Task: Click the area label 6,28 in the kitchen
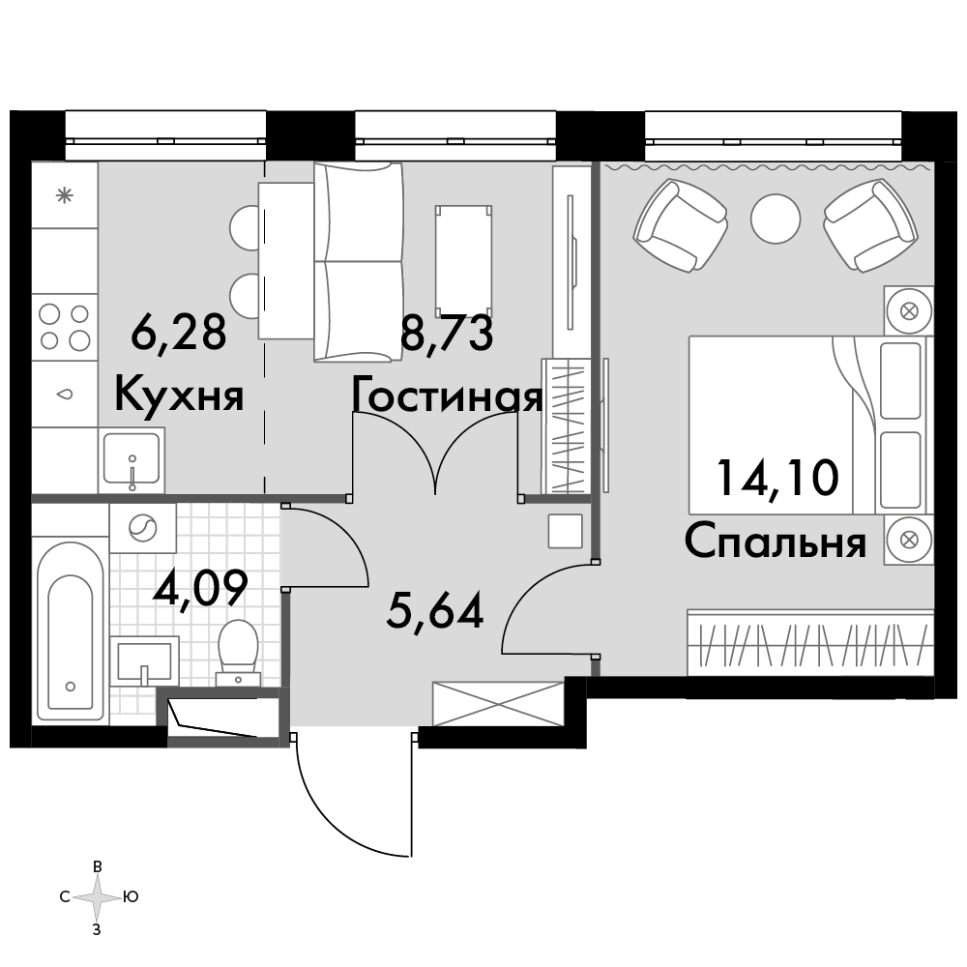pos(178,333)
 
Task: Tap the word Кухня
pos(180,395)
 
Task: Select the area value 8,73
pos(447,333)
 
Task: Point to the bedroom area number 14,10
pos(777,477)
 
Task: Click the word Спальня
pos(776,541)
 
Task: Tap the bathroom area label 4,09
pos(200,588)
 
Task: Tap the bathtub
pos(71,631)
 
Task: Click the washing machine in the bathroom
pos(142,528)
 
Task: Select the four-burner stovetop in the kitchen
pos(65,327)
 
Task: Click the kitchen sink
pos(132,460)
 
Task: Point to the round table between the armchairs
pos(776,219)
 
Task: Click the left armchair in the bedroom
pos(680,224)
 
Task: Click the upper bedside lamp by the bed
pos(908,310)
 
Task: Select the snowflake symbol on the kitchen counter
pos(65,196)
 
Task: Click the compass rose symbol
pos(97,897)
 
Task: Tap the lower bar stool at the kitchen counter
pos(245,294)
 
